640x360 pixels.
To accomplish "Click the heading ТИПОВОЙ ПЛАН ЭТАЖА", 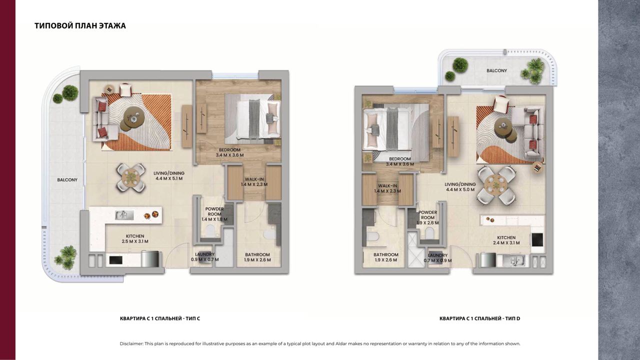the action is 80,25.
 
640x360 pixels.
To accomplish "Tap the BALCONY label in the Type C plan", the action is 67,180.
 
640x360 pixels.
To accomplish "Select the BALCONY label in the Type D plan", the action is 497,70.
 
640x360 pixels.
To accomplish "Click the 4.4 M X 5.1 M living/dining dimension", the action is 169,178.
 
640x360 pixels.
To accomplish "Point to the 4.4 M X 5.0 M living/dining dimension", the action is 460,189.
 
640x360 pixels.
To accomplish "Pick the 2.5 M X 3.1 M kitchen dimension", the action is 135,241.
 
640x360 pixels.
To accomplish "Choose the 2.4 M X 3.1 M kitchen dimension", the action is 506,243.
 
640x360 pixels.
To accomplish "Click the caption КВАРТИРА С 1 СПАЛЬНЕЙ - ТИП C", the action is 160,318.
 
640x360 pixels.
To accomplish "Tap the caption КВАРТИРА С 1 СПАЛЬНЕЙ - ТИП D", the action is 480,318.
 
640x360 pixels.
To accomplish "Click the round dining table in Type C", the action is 131,178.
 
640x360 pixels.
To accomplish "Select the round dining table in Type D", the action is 496,185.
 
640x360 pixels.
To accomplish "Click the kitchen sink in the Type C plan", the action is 124,215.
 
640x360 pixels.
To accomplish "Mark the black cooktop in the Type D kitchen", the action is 537,240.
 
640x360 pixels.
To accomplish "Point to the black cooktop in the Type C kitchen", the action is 116,260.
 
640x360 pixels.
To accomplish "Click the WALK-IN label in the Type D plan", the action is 387,185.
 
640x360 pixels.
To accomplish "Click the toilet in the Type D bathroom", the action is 373,236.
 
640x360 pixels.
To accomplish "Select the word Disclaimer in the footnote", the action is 131,343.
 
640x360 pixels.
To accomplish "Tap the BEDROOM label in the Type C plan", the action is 229,149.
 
